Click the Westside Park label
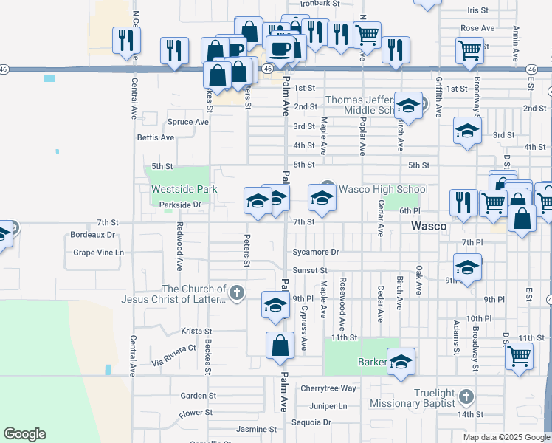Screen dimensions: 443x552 tap(184, 189)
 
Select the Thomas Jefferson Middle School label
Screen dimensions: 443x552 tap(362, 105)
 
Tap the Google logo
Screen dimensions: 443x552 tap(24, 434)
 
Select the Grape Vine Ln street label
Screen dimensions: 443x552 tap(98, 253)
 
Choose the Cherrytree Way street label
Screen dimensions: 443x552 tap(328, 388)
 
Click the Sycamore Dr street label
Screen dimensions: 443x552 tap(315, 253)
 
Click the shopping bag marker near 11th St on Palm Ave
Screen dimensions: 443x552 tap(280, 346)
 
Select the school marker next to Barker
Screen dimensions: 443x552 tap(401, 362)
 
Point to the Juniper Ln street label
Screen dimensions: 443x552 tap(328, 406)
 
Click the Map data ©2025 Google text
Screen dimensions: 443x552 tap(506, 437)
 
